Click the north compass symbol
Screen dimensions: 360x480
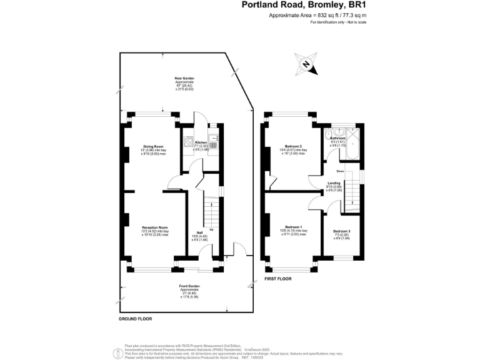[306, 64]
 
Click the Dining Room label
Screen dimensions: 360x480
[153, 147]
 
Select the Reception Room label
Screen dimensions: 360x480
[154, 227]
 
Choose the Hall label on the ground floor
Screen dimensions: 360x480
[199, 232]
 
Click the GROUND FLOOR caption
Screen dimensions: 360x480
[135, 319]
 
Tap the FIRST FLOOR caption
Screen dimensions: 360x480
[279, 278]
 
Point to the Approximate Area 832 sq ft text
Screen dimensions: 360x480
[309, 15]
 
